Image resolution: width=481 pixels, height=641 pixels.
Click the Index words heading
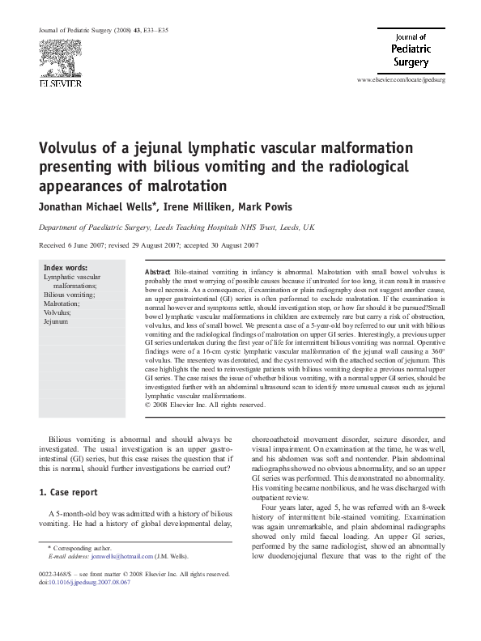66,267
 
